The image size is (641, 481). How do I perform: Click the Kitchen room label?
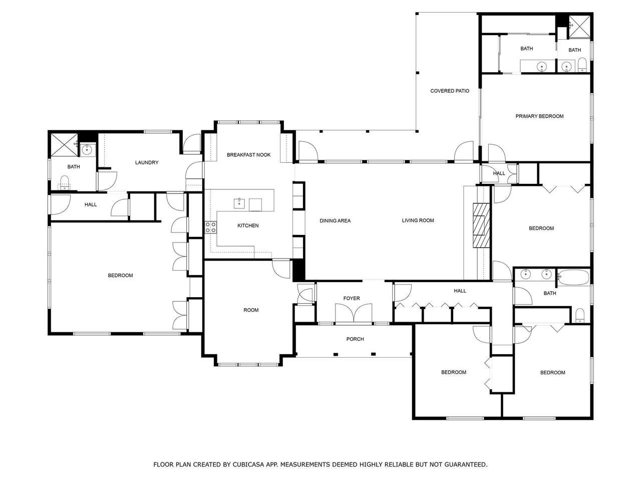point(248,225)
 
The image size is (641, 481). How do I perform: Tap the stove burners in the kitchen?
point(210,227)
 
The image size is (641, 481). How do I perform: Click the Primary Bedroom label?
point(539,116)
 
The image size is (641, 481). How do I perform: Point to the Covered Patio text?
point(449,91)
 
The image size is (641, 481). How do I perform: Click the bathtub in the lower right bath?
point(573,277)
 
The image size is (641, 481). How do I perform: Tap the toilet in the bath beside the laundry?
point(64,182)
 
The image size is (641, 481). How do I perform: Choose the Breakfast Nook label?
point(248,155)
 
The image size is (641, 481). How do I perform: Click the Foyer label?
point(352,298)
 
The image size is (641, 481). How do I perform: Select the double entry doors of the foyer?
point(354,313)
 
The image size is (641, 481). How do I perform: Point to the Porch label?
point(355,339)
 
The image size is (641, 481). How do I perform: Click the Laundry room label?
point(147,162)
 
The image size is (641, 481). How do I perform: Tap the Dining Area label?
point(335,221)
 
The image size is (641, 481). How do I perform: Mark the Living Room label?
point(418,220)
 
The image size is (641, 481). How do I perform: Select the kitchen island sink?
point(239,203)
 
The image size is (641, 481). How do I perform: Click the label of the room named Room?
point(251,310)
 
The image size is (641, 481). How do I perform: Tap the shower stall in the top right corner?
point(579,27)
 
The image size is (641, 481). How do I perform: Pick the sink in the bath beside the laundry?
point(87,149)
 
